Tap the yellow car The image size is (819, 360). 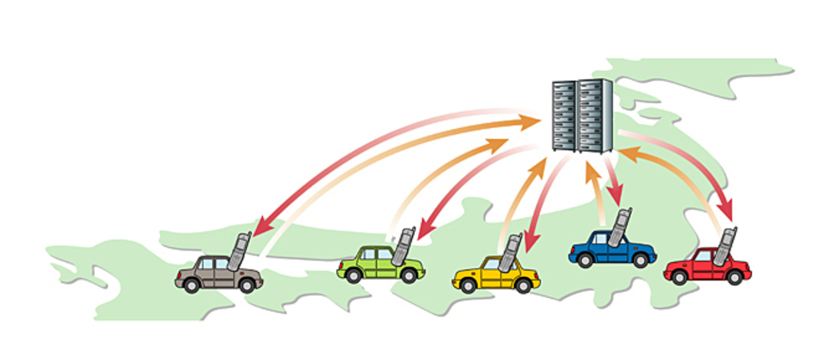[x=494, y=274]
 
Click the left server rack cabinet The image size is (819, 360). [x=564, y=115]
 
